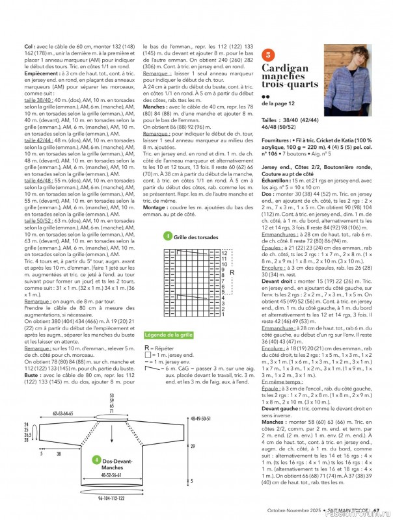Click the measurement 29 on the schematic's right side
[192, 446]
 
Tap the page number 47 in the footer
[377, 511]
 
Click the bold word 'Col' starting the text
[29, 47]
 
